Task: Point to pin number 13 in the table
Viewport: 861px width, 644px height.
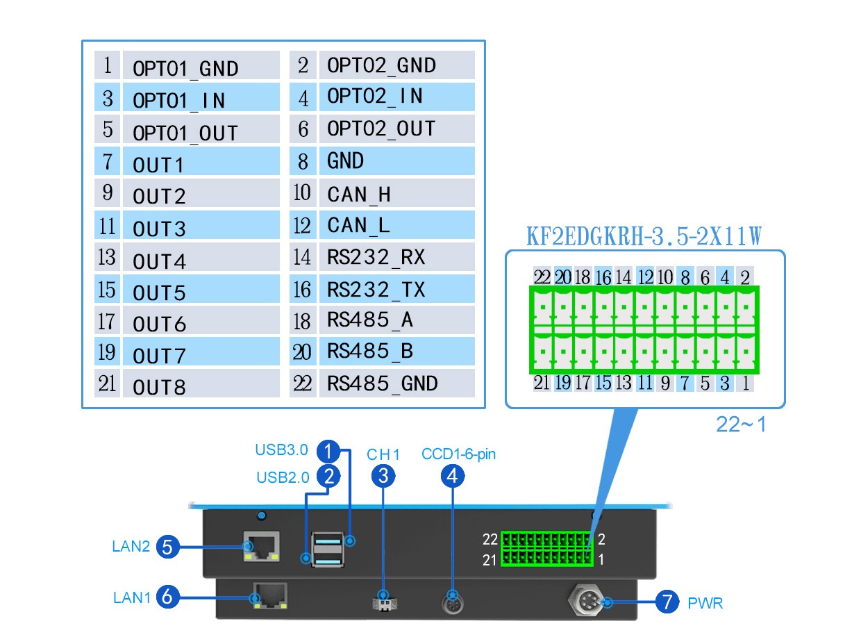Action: [x=107, y=258]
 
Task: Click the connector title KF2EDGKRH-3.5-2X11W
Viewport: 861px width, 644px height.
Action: [x=644, y=237]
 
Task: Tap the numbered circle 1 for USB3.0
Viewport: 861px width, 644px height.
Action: [x=328, y=452]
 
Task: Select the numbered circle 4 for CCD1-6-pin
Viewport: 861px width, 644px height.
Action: [x=453, y=476]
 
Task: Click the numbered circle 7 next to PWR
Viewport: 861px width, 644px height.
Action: [x=667, y=602]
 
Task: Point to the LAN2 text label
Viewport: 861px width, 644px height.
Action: [x=131, y=546]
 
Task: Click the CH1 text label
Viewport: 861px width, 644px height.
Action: [x=384, y=455]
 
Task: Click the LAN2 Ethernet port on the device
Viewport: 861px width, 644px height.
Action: [x=262, y=546]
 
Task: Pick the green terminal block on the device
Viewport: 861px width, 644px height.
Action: [x=546, y=549]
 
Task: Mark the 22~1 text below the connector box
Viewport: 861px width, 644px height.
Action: [x=741, y=424]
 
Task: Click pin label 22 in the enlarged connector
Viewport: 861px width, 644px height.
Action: [x=542, y=277]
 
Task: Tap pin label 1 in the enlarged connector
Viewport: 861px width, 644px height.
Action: [x=745, y=382]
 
